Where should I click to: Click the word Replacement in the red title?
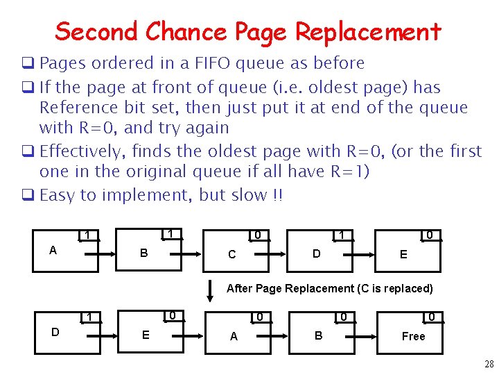click(367, 32)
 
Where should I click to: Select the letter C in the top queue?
click(231, 254)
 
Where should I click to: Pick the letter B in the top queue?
click(143, 253)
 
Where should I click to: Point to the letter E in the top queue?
click(403, 254)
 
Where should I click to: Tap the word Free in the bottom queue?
click(413, 336)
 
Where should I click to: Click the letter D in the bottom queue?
click(55, 332)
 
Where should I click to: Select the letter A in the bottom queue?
click(234, 336)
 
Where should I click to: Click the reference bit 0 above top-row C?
click(258, 235)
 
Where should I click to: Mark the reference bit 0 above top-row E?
click(430, 235)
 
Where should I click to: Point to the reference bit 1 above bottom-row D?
click(88, 318)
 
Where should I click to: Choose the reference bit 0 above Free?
click(431, 317)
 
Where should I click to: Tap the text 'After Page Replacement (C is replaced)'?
click(329, 288)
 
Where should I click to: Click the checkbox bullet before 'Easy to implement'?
click(32, 194)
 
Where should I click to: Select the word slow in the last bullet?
click(249, 195)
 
